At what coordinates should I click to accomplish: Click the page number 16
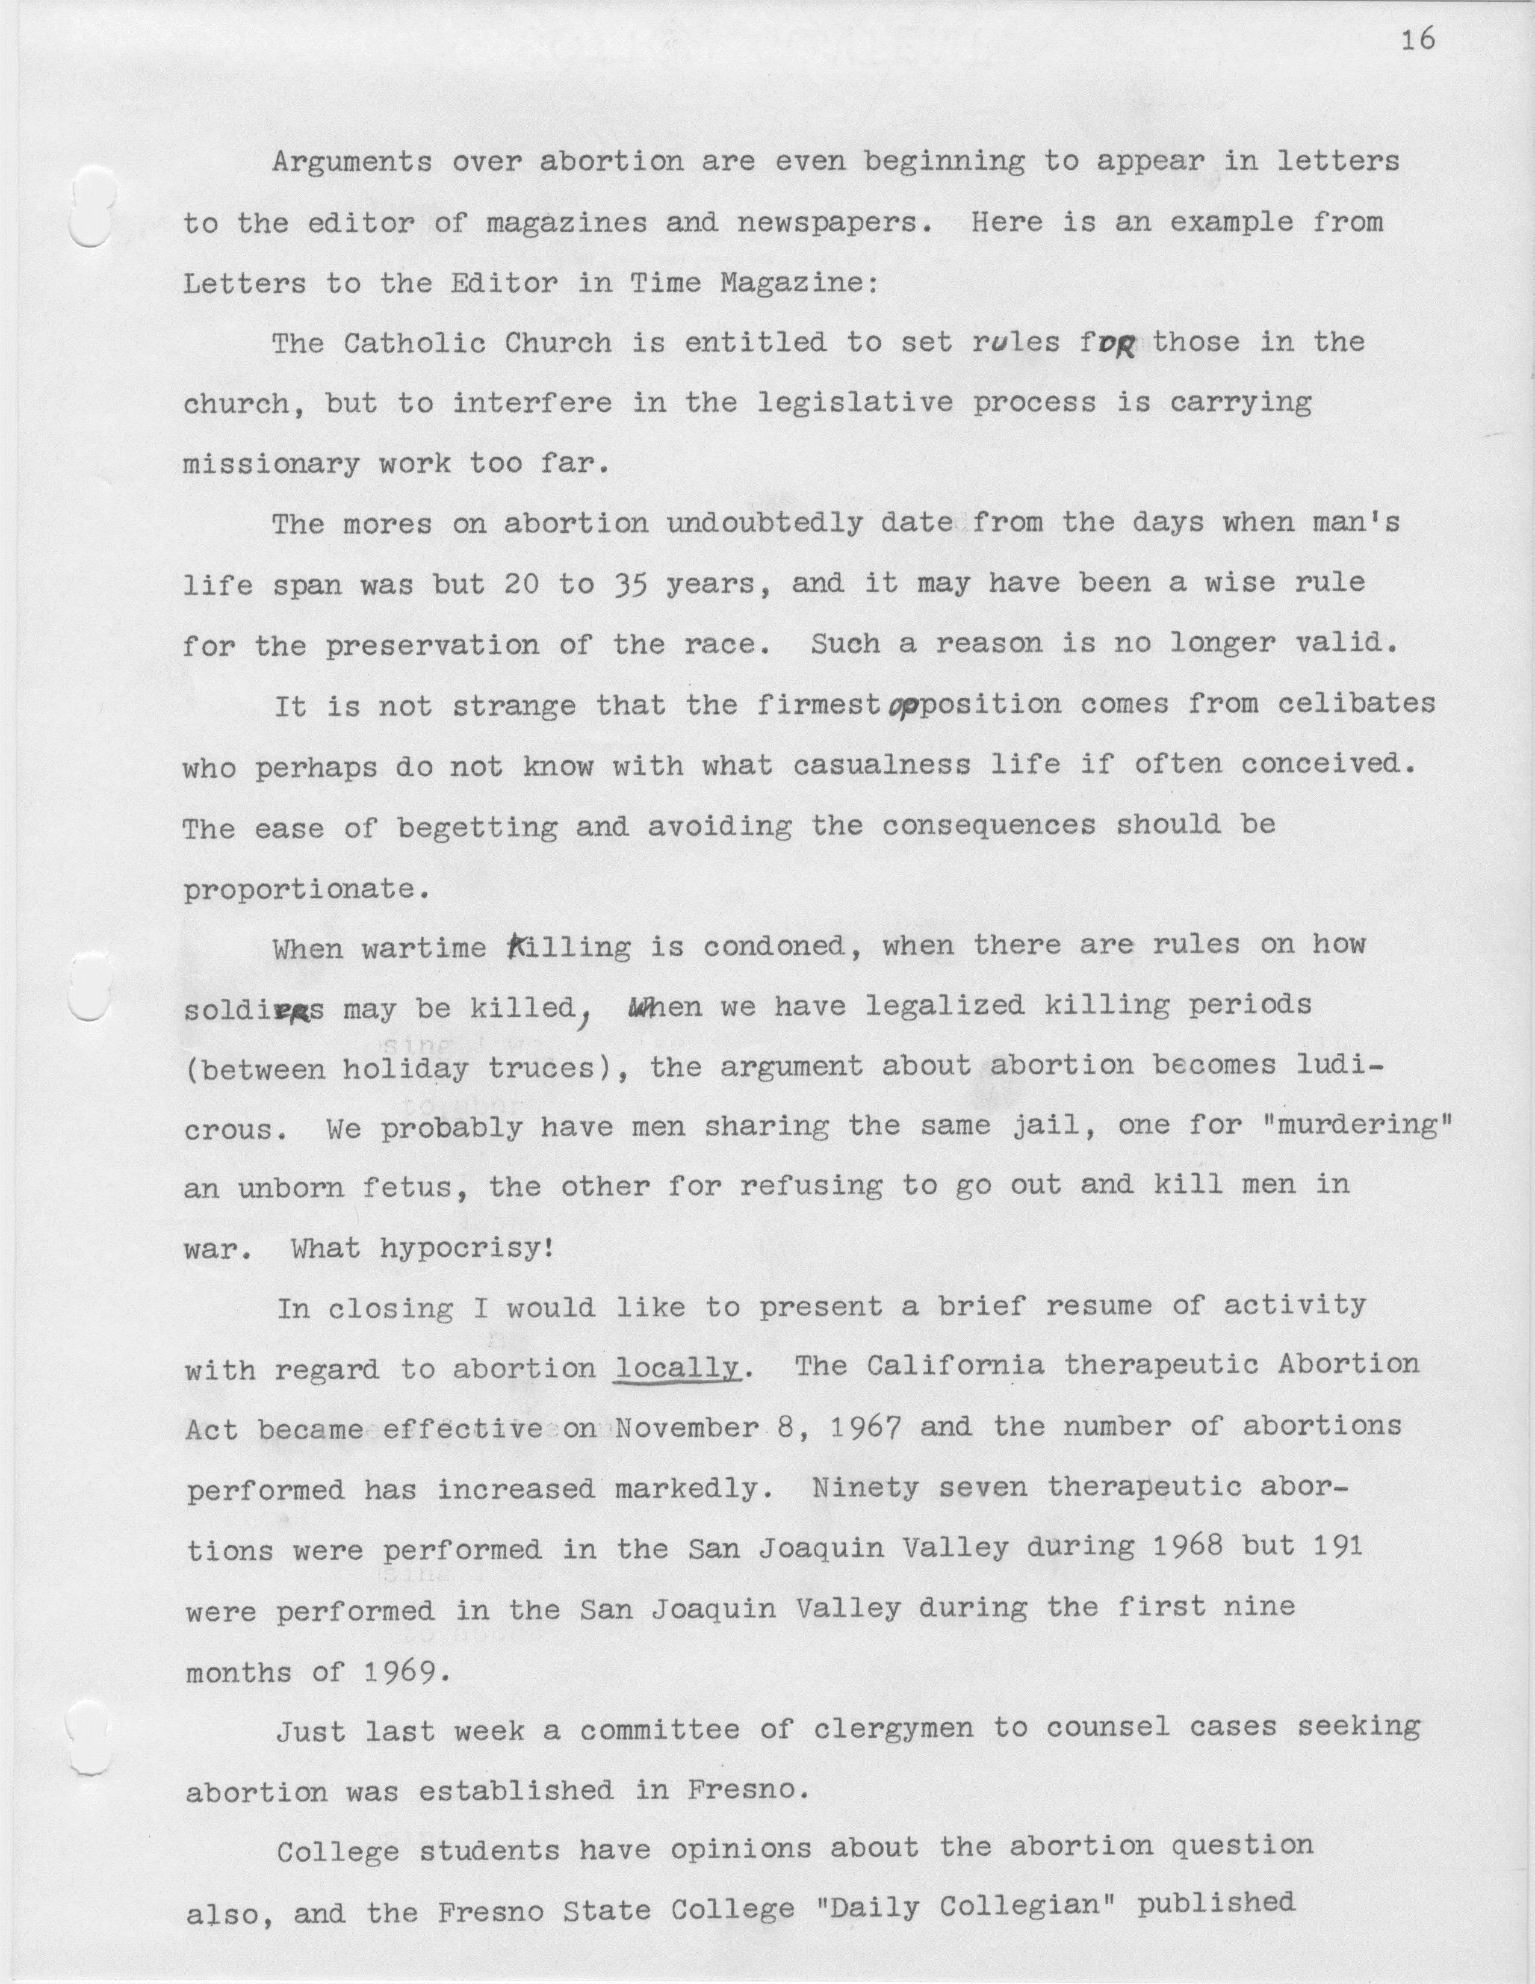click(1418, 41)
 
